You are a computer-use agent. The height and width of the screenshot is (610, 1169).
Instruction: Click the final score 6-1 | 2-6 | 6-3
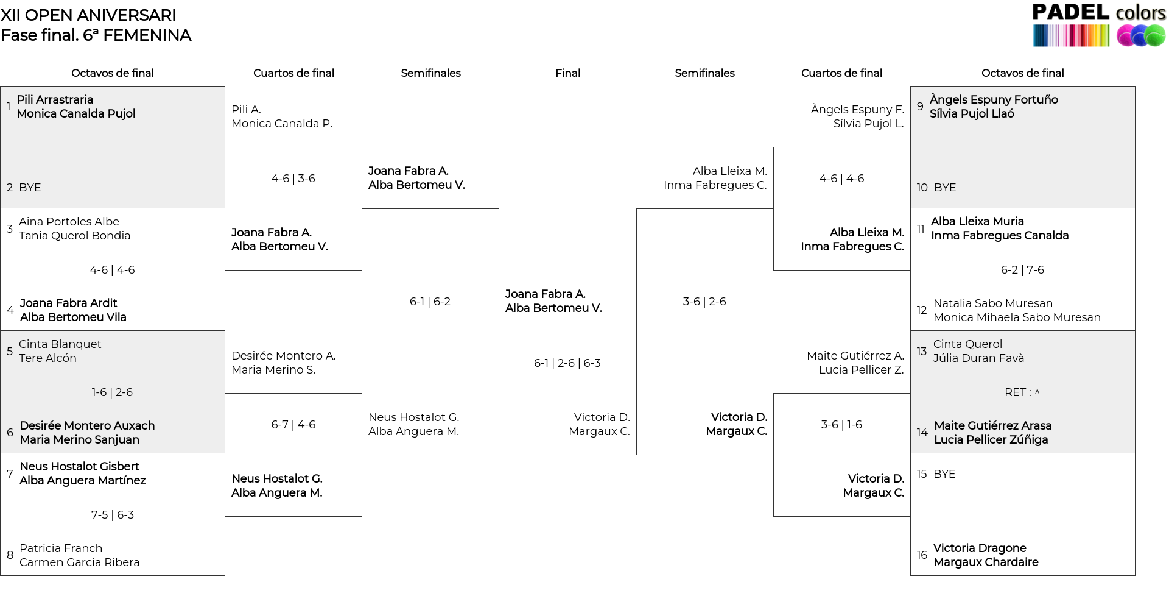[567, 363]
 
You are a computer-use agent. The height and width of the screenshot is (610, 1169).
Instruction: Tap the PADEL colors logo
[1099, 25]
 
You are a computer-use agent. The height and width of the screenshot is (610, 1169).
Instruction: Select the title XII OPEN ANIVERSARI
[88, 15]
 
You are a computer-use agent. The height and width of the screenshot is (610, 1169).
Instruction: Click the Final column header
[567, 73]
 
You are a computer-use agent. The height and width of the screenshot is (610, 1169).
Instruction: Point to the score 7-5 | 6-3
[113, 515]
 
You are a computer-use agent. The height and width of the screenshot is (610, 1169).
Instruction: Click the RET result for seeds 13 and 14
[1022, 392]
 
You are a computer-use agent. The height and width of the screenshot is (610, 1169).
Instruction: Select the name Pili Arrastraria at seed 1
[55, 99]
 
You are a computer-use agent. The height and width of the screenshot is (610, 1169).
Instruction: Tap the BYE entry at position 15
[944, 474]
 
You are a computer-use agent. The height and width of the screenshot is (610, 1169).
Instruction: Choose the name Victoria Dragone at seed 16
[980, 548]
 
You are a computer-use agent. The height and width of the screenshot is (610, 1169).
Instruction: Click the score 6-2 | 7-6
[1022, 270]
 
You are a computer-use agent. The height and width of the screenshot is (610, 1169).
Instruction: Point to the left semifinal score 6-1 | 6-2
[430, 302]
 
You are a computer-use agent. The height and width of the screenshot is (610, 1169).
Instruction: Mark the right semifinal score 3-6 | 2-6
[704, 302]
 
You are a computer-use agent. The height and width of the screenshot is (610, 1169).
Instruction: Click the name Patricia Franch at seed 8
[61, 548]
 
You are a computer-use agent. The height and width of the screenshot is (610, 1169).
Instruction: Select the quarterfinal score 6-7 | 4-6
[293, 425]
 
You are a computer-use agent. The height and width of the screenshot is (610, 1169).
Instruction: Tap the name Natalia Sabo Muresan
[993, 303]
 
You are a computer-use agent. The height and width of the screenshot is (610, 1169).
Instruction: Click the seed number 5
[10, 351]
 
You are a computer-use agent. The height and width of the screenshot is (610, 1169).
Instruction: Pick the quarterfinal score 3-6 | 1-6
[841, 425]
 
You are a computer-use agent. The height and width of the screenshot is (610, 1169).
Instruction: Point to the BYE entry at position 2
[30, 188]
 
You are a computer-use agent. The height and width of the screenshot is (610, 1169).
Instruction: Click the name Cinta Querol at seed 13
[967, 344]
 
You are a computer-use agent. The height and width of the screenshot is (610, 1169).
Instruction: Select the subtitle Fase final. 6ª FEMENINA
[96, 35]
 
